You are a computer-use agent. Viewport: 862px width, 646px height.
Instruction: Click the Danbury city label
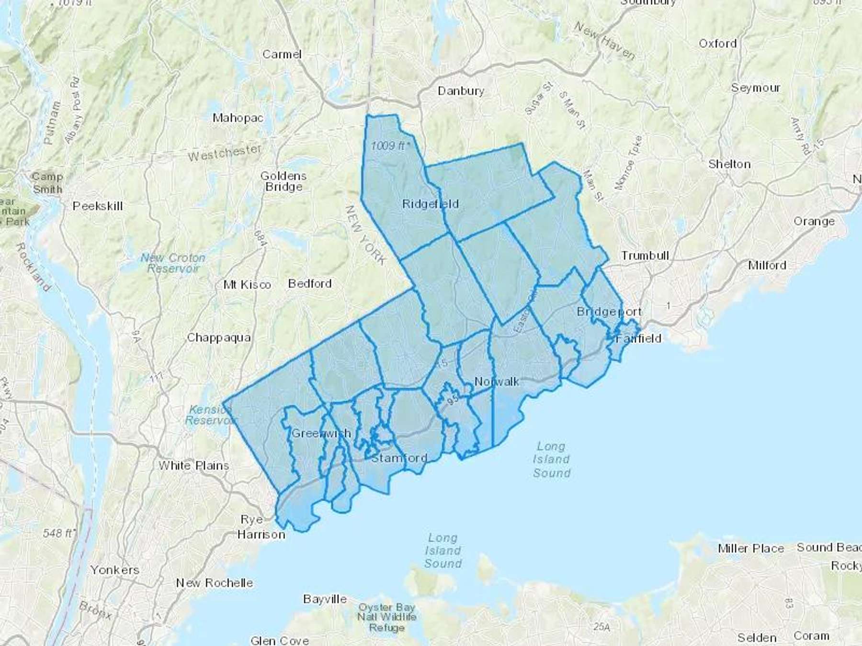tap(461, 91)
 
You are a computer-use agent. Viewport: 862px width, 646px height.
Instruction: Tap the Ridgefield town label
tap(430, 204)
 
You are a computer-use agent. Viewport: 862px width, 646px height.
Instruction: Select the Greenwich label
tap(321, 434)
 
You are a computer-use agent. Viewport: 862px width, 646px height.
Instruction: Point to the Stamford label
tap(399, 458)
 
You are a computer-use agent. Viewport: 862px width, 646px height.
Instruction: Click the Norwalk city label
tap(497, 381)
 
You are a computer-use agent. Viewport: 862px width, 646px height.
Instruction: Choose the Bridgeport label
tap(609, 312)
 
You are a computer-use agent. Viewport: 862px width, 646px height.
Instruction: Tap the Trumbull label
tap(645, 256)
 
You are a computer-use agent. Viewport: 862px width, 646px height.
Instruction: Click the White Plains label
tap(193, 466)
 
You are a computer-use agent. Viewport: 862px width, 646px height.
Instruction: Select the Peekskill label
tap(98, 206)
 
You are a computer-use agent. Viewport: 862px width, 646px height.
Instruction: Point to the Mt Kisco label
tap(247, 285)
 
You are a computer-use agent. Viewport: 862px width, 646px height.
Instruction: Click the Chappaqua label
tap(218, 338)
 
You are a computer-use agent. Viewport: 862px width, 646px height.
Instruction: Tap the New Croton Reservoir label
tap(173, 263)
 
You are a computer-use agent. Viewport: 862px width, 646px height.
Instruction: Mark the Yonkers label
tap(115, 570)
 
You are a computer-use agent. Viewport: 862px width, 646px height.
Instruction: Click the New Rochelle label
tap(214, 583)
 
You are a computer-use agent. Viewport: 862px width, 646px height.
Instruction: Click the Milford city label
tap(767, 265)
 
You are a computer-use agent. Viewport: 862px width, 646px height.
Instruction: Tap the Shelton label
tap(729, 164)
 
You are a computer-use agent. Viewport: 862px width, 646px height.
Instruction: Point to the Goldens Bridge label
tap(284, 181)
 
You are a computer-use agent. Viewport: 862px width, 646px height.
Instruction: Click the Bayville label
tap(325, 599)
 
